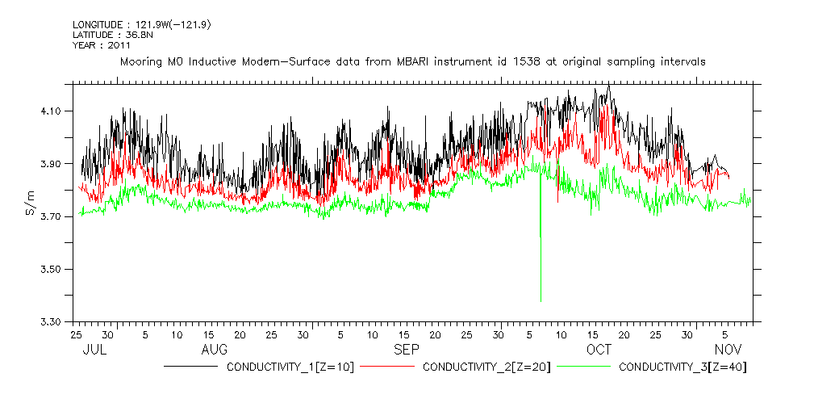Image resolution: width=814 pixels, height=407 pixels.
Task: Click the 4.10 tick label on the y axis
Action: coord(51,111)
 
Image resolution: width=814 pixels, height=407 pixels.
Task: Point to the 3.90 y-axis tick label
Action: coord(51,164)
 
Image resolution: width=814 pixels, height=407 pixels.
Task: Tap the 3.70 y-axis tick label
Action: coord(51,216)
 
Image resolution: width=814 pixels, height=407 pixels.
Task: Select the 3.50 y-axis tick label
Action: coord(51,269)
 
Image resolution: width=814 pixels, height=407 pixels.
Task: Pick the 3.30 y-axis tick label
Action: coord(51,322)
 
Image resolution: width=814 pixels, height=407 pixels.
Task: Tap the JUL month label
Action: coord(95,349)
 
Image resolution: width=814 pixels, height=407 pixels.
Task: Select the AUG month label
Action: coord(214,349)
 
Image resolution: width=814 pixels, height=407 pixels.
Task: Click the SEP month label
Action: coord(406,349)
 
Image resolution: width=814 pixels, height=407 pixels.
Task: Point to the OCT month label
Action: coord(599,349)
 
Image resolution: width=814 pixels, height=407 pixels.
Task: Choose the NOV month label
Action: coord(728,349)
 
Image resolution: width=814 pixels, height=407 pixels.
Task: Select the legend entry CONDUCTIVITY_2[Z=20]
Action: coord(486,367)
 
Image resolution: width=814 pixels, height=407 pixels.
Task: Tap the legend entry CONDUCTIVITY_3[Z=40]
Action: coord(683,367)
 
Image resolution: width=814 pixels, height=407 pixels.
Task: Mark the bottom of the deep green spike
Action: coord(540,301)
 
